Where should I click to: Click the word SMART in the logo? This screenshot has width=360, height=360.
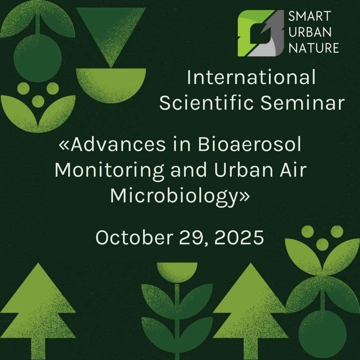309,16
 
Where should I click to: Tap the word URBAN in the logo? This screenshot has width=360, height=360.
310,32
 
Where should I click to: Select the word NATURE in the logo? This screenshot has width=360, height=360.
314,48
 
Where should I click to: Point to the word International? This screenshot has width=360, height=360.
251,77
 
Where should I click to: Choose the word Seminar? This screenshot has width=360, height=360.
303,103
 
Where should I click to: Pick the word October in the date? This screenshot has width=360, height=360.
134,237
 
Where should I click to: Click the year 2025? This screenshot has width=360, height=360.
239,237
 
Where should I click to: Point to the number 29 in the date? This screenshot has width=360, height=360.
193,238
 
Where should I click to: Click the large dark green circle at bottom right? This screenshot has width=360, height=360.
322,334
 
